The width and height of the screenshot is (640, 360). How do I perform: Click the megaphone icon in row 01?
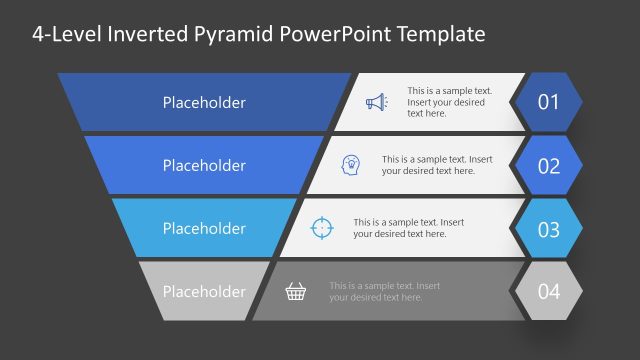375,102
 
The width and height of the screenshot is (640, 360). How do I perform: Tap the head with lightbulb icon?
351,165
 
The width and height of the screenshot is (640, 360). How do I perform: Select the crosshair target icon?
321,228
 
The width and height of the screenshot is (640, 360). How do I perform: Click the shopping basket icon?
296,291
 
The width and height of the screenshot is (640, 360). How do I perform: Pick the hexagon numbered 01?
548,102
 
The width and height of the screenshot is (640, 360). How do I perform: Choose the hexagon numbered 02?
548,165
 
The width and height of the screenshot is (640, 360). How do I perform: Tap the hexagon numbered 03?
548,229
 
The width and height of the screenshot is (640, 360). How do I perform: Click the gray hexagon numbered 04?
548,292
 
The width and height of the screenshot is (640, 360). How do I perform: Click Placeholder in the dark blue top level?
204,102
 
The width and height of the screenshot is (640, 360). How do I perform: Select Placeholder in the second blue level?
204,165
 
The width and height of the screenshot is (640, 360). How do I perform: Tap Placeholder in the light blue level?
204,228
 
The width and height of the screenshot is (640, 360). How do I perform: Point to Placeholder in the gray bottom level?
204,291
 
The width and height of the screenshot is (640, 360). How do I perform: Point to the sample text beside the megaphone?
446,102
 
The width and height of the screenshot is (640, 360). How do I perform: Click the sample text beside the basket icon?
384,291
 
